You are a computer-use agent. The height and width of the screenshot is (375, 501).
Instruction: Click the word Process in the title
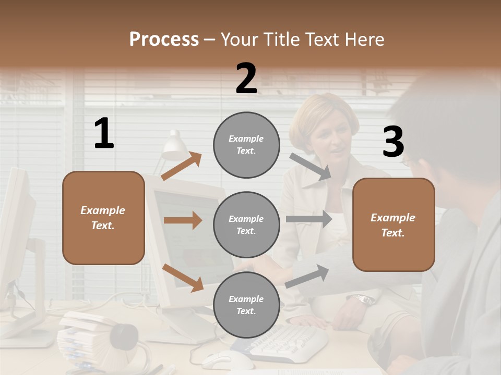tap(164, 40)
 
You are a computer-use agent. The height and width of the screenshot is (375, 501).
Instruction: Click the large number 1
tap(103, 133)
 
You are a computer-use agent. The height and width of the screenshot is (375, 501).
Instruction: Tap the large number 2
tap(246, 79)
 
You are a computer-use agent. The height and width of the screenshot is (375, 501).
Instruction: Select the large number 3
tap(393, 142)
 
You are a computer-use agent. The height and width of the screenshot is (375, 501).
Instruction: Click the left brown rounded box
tap(103, 218)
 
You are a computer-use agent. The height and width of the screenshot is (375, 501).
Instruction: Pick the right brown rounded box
tap(393, 225)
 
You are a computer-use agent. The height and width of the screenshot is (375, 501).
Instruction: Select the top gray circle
tap(246, 145)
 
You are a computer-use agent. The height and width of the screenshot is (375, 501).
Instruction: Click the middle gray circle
tap(246, 224)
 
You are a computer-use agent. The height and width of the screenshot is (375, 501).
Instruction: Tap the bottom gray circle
tap(246, 305)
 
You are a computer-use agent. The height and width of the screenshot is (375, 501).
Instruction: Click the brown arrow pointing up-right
tap(182, 166)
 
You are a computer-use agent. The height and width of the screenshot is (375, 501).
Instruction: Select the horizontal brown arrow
tap(183, 220)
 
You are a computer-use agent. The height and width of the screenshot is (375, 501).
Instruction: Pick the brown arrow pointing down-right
tap(183, 278)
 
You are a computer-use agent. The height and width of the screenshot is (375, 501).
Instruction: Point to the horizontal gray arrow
tap(308, 219)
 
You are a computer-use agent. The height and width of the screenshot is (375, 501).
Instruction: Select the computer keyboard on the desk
tap(287, 344)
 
